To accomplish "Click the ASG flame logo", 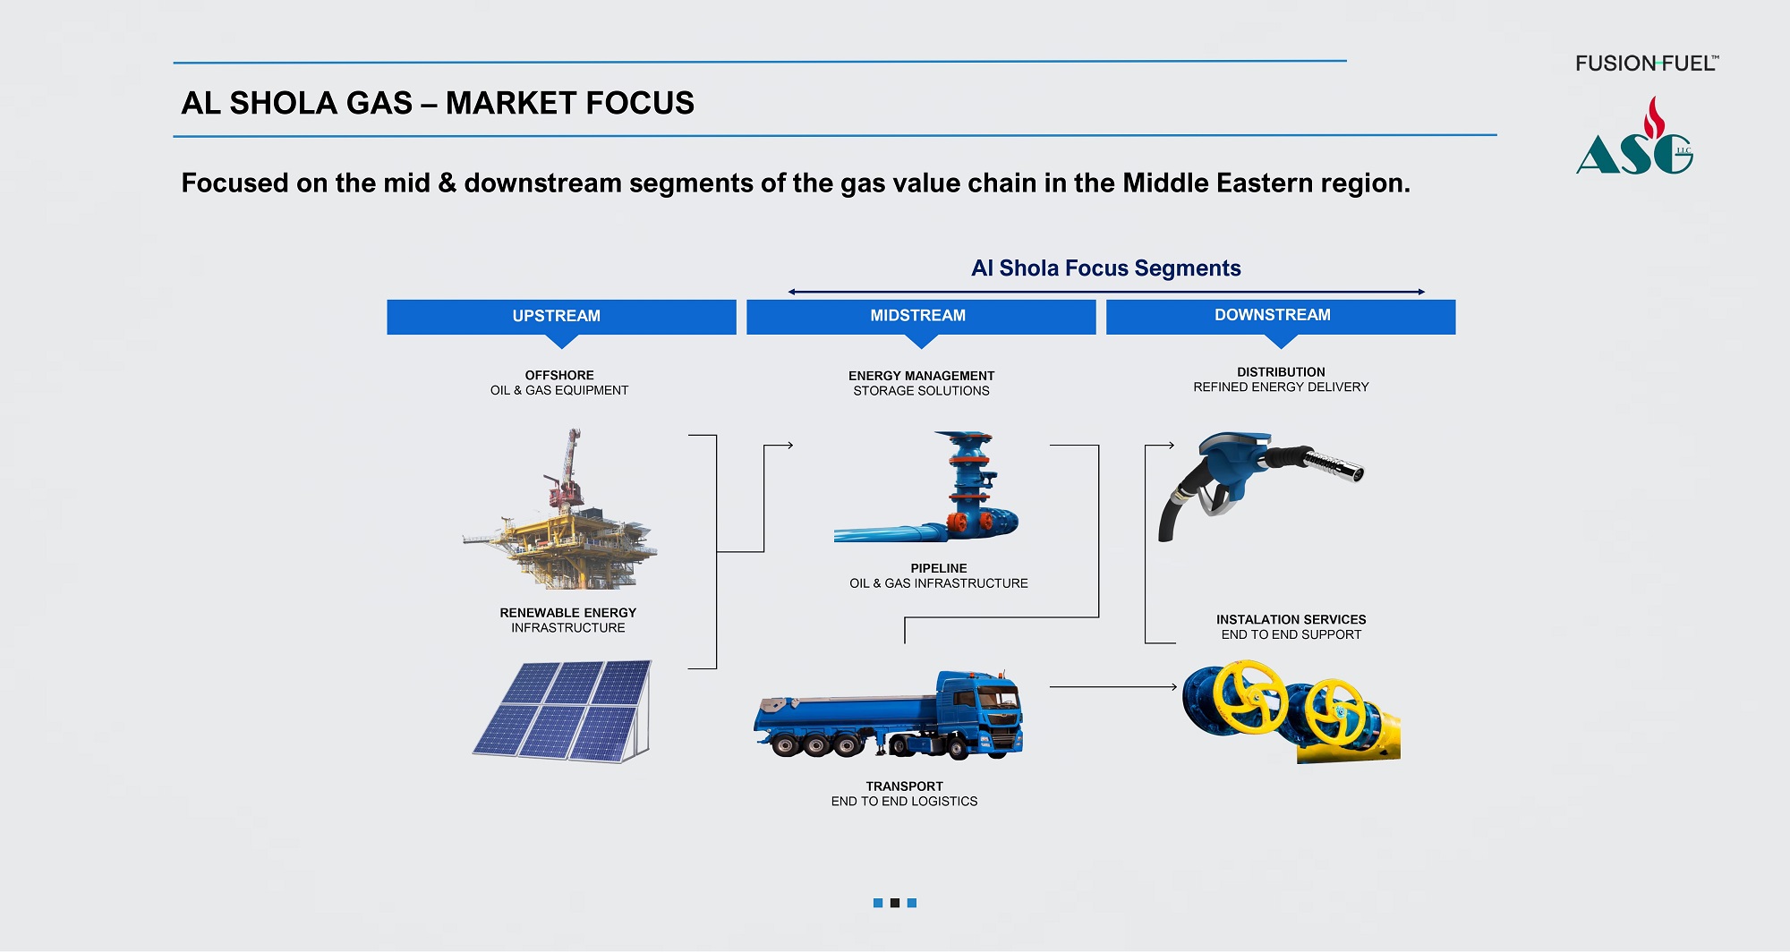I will click(x=1634, y=140).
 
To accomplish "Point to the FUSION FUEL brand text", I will click(x=1645, y=64).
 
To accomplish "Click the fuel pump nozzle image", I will click(x=1257, y=479).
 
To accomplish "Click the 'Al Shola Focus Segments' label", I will click(x=1105, y=268).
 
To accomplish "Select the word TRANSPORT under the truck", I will click(x=904, y=786).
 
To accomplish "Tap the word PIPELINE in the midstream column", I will click(x=938, y=568).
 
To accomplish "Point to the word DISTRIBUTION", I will click(x=1281, y=372).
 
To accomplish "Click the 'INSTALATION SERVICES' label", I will click(x=1291, y=619).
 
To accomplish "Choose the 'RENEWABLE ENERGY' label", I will click(x=567, y=613).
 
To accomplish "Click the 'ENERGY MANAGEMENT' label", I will click(x=921, y=376).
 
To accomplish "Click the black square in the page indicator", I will click(x=894, y=903).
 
